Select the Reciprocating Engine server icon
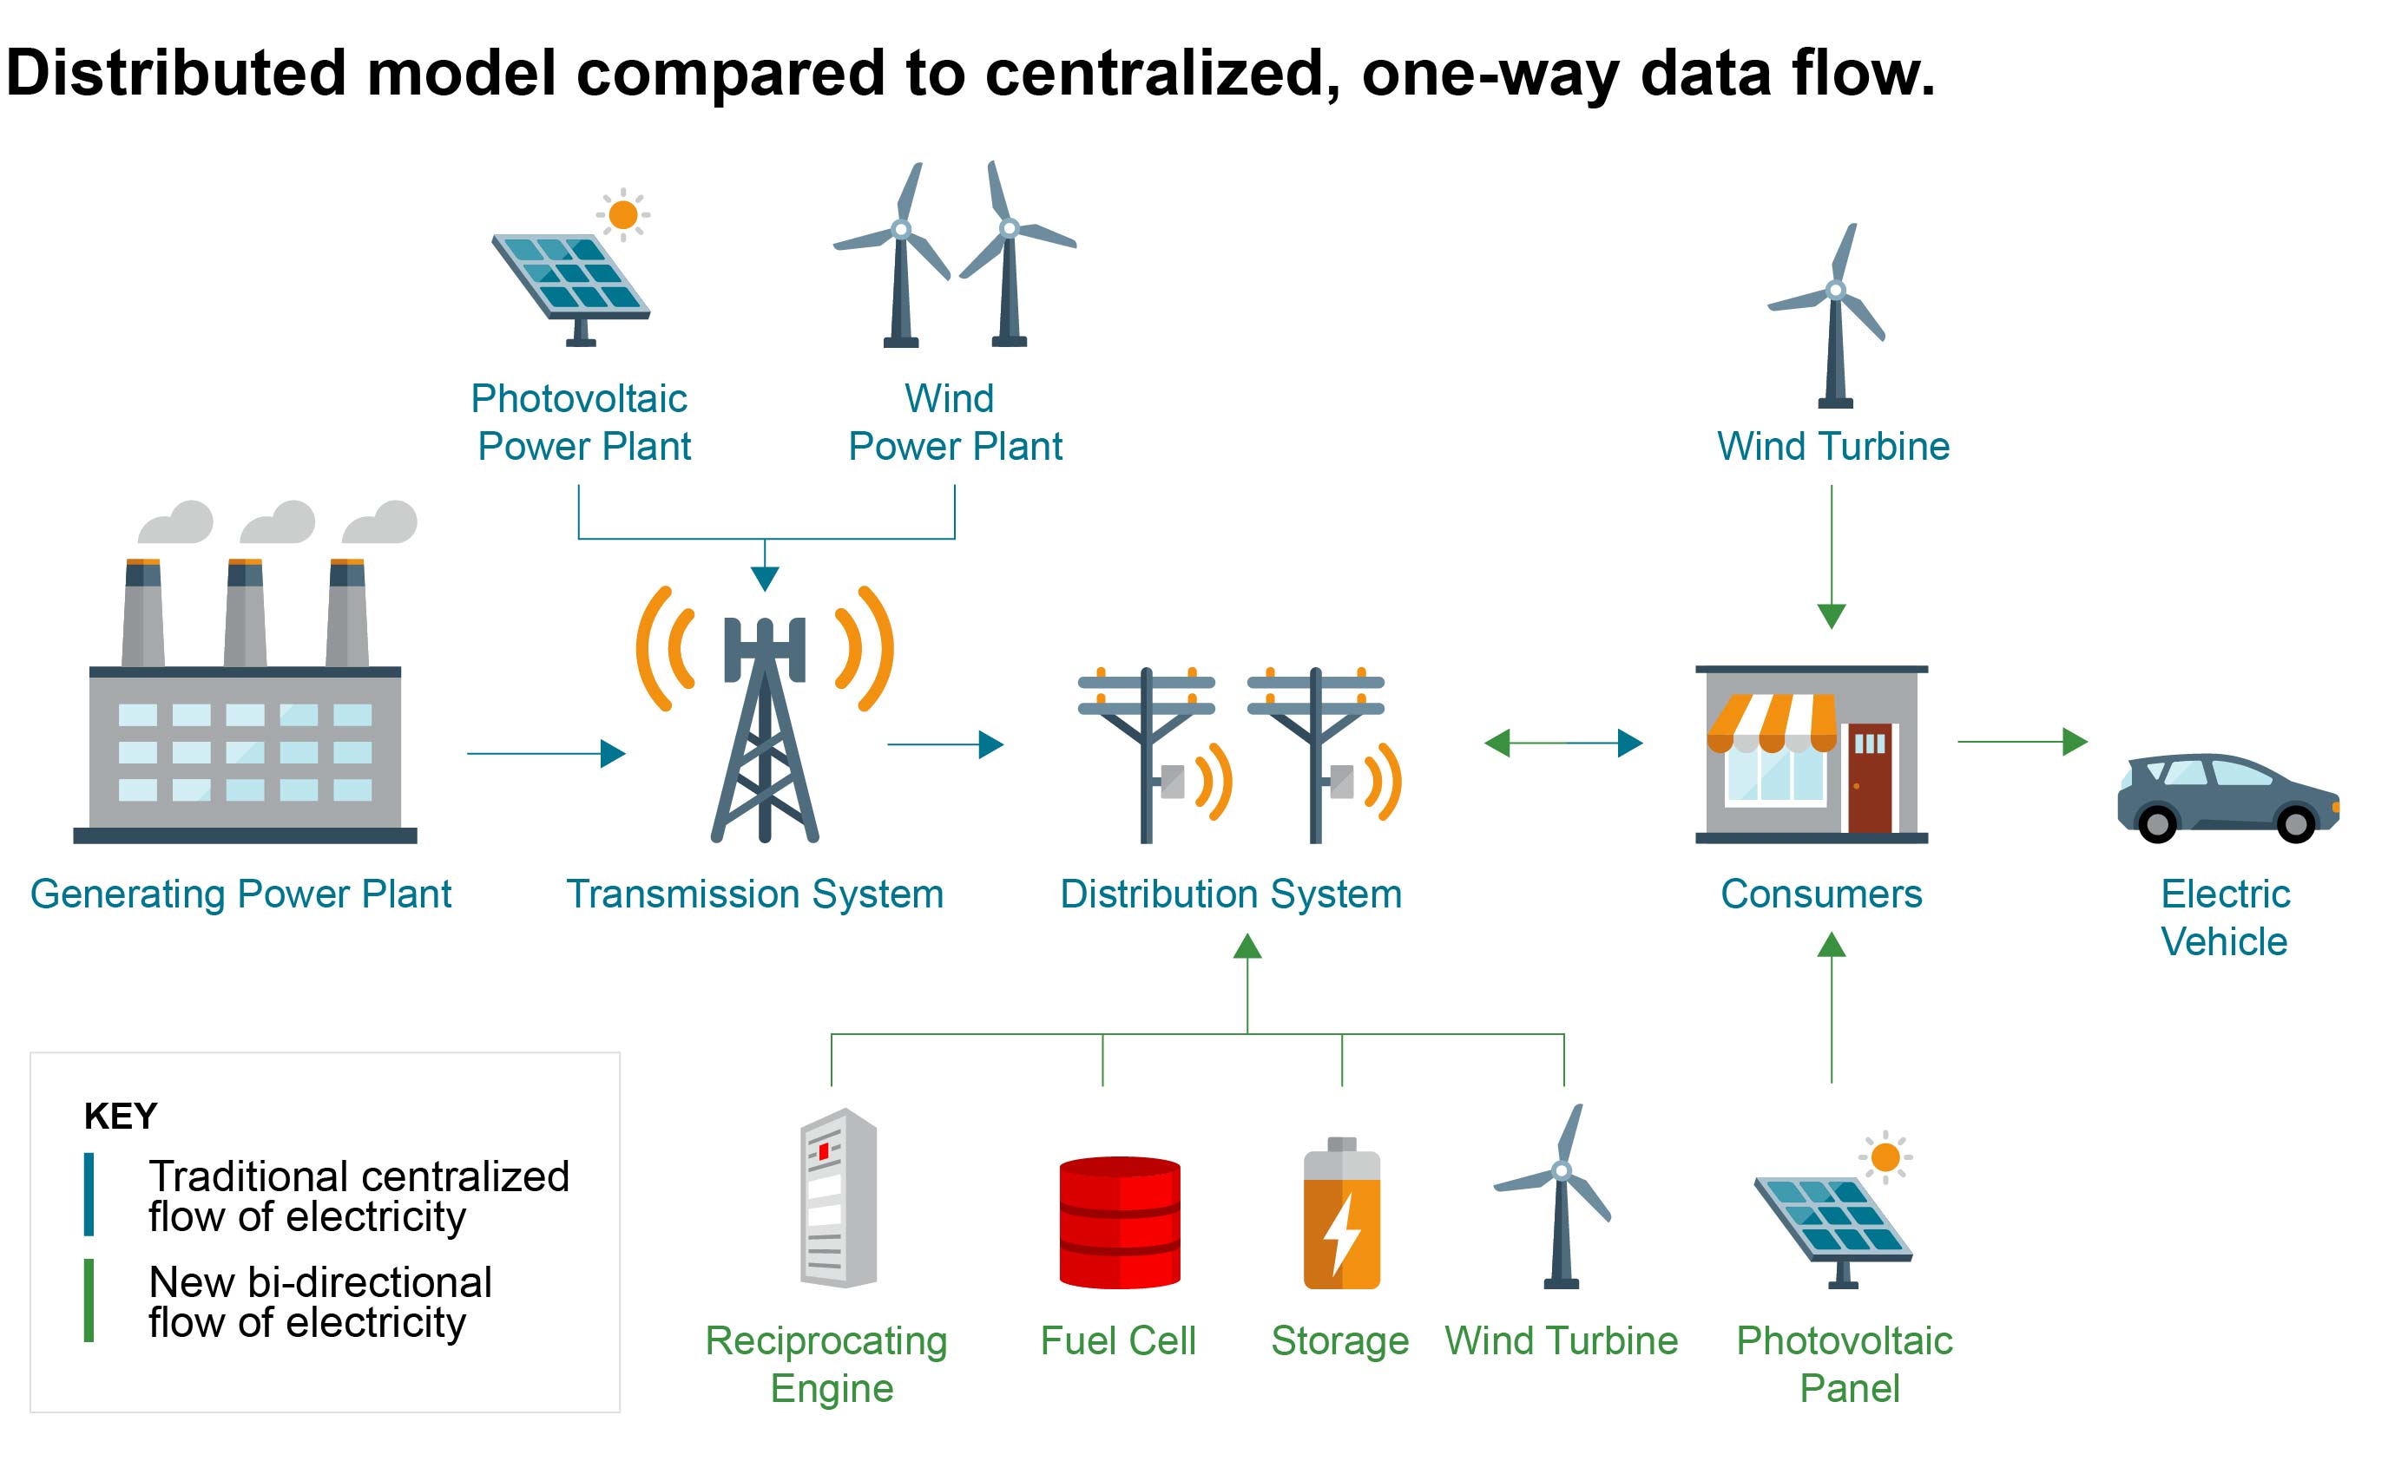(x=838, y=1198)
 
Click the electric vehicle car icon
(x=2227, y=796)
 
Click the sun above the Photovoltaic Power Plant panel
(x=622, y=213)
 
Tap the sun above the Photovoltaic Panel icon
(x=1885, y=1157)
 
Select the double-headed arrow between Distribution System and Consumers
(x=1562, y=743)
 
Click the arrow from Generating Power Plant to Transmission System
(x=545, y=752)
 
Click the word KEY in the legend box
(x=120, y=1115)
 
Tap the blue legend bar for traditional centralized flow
(x=89, y=1195)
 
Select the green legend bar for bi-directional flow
(x=89, y=1300)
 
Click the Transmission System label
(x=753, y=894)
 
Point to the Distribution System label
(x=1230, y=894)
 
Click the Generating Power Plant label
(x=240, y=894)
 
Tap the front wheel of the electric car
(x=2294, y=824)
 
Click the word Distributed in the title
(x=175, y=73)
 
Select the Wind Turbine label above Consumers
(x=1832, y=447)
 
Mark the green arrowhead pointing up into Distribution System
(x=1247, y=946)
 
